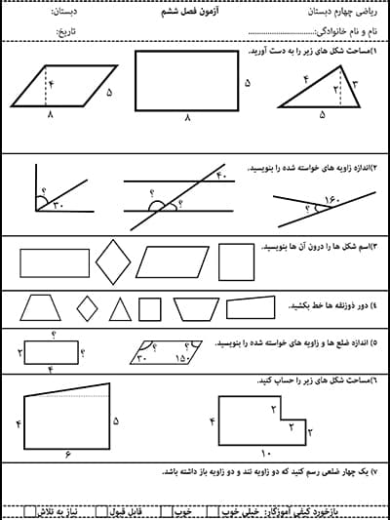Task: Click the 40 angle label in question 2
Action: (x=219, y=177)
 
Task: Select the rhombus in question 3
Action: (x=115, y=262)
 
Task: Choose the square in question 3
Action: (x=235, y=261)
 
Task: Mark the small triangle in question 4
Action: (x=120, y=309)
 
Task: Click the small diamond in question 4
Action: (x=88, y=309)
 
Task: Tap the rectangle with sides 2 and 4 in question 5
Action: (x=51, y=348)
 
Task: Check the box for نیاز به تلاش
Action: (x=36, y=509)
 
